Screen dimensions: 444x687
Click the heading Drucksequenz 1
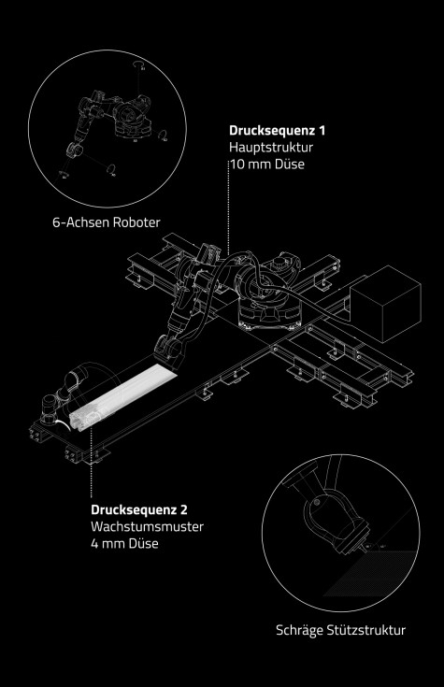[277, 131]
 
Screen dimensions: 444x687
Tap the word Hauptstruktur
[271, 148]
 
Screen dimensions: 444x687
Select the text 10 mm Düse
[267, 165]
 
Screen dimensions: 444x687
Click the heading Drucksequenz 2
[139, 510]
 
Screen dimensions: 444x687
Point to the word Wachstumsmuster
[148, 526]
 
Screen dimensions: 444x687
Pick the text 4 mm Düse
[124, 544]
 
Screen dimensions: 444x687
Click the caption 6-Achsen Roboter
[107, 222]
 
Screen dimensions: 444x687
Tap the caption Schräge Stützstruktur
[340, 631]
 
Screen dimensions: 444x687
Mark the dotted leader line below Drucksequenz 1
[229, 205]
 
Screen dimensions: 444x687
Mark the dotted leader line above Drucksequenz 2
[92, 464]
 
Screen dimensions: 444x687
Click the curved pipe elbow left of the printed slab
[79, 377]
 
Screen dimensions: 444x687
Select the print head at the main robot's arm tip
[169, 351]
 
